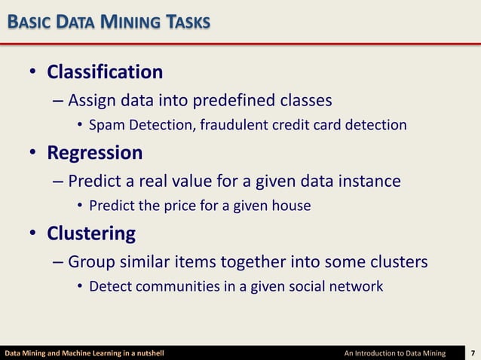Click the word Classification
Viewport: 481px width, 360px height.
105,72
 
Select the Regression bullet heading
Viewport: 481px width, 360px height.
94,153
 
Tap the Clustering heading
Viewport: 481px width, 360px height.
91,233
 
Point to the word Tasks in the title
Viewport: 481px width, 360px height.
183,23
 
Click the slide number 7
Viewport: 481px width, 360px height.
473,352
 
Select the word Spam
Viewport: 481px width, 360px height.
103,124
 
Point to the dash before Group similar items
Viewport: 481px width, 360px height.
59,262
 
